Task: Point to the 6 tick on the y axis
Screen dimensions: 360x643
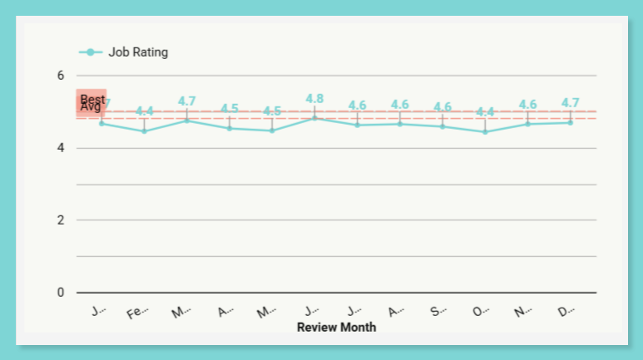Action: pos(60,76)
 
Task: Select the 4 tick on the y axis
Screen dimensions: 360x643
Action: pos(60,148)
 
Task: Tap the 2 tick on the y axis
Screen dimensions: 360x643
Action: pos(60,220)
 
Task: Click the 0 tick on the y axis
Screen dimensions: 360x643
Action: pos(60,293)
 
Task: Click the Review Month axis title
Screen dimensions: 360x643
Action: pos(336,327)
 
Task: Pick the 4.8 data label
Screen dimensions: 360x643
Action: pos(314,99)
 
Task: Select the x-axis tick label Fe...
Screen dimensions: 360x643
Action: pos(138,313)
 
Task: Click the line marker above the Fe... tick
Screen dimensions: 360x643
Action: pos(144,131)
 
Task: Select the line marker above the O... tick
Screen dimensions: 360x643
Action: pos(485,131)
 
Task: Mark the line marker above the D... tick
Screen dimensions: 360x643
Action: pos(570,122)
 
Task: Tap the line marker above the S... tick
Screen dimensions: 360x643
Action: pos(443,126)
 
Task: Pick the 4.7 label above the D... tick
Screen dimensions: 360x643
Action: pos(570,103)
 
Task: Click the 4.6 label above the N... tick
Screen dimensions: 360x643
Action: pos(527,105)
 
